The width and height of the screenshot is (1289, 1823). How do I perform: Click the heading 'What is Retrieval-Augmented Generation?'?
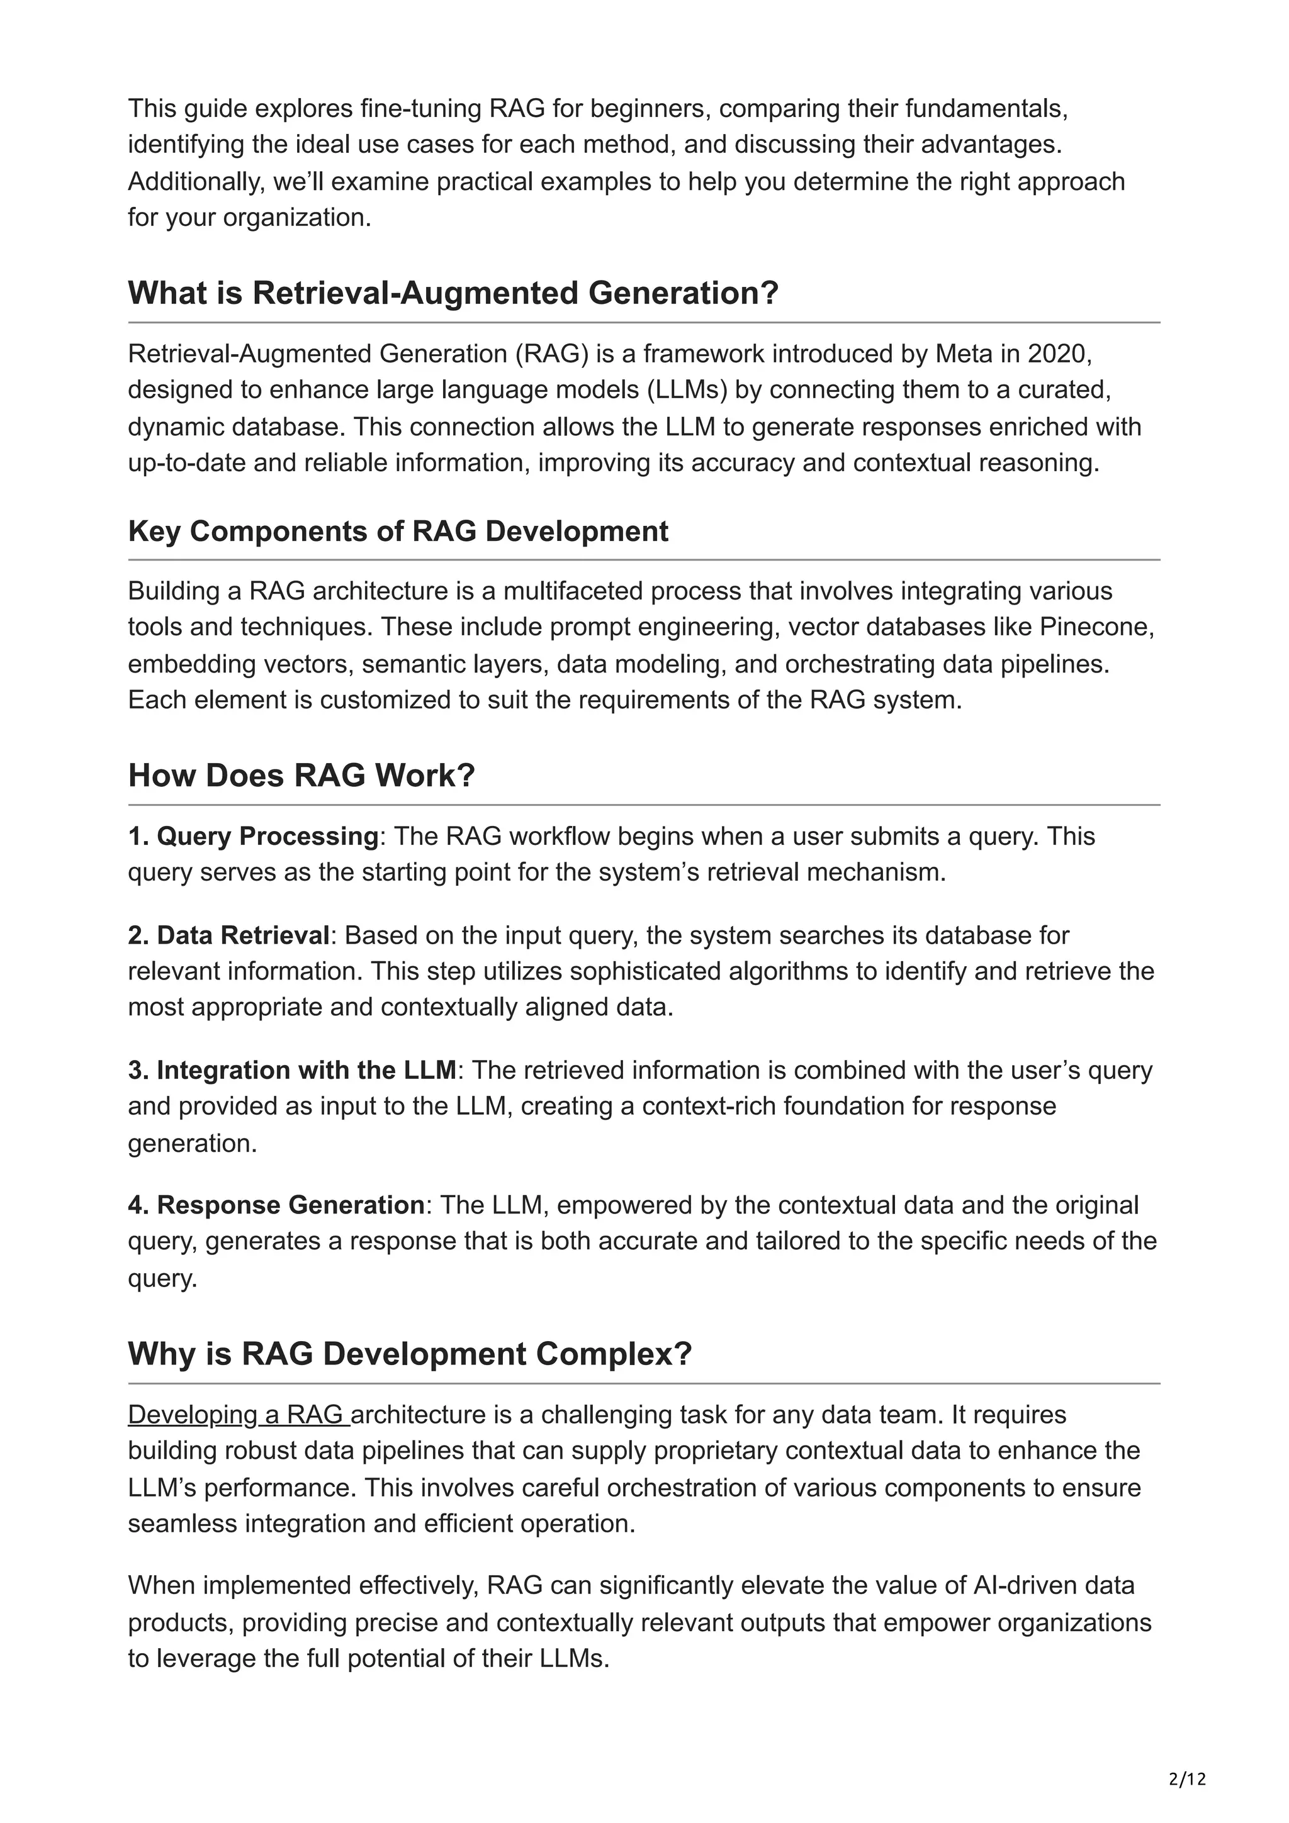(453, 293)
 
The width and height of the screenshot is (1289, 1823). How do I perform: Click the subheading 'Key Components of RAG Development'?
(398, 531)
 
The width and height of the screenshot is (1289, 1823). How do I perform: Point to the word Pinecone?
(1095, 627)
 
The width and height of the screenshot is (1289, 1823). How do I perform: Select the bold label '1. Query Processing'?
(252, 836)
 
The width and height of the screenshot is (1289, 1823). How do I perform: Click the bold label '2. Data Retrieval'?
(228, 935)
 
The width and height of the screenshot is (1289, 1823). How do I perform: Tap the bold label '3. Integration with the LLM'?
(291, 1070)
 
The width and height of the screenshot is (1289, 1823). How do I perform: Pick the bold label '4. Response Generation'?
(276, 1205)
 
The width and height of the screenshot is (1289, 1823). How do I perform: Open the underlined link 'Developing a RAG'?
(237, 1415)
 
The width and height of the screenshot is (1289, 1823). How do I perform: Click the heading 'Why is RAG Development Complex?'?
(410, 1354)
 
